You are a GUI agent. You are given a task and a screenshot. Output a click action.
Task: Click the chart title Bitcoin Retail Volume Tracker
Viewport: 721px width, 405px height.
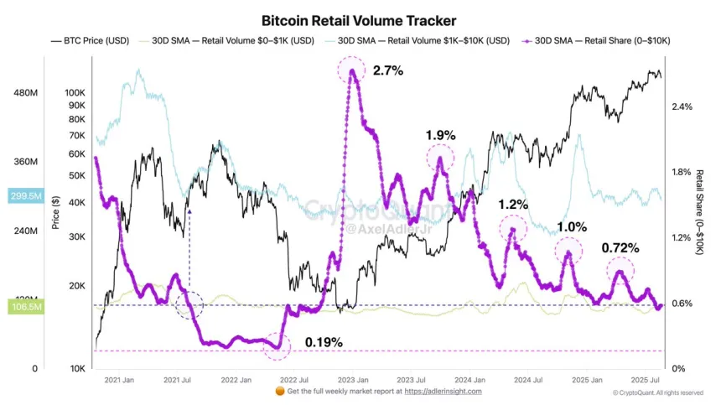click(359, 20)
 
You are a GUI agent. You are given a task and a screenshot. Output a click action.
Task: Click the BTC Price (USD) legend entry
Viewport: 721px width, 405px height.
click(93, 40)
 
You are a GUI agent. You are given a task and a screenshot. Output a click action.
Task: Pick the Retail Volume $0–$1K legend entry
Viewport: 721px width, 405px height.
click(236, 40)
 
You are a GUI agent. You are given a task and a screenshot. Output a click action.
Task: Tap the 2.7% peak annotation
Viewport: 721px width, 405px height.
click(388, 70)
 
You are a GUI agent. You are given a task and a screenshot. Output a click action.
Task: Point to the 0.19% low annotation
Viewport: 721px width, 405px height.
click(324, 342)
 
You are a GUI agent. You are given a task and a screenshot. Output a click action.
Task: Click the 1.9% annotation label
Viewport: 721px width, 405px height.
click(440, 134)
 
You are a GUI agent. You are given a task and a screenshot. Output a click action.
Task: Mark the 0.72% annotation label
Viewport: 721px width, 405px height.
click(620, 248)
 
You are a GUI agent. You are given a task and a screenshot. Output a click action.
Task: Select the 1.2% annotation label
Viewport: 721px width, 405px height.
click(513, 205)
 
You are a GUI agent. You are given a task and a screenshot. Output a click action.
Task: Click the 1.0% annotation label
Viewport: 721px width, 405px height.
click(572, 227)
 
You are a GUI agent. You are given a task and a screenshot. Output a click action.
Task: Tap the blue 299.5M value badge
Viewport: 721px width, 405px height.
click(26, 195)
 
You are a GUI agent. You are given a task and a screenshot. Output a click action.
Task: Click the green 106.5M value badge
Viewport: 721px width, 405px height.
click(26, 308)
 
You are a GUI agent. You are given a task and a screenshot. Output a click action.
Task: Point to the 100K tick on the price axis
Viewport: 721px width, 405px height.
click(75, 92)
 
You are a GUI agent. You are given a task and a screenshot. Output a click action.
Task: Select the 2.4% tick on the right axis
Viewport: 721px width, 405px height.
click(682, 106)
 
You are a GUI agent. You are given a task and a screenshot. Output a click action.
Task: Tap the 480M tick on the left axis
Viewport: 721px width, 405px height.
click(26, 93)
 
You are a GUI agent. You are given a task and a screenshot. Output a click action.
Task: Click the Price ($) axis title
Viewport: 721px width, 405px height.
click(55, 213)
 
